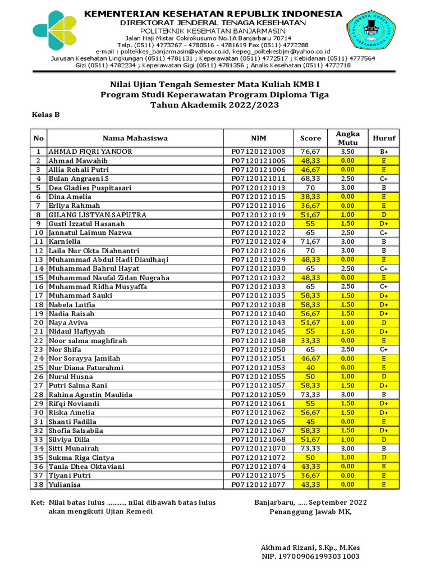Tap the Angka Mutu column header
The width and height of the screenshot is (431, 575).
347,138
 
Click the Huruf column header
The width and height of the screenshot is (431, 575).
384,138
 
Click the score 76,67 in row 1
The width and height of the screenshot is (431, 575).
310,152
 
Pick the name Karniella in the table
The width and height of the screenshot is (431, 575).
65,241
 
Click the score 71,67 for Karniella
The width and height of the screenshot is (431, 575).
310,241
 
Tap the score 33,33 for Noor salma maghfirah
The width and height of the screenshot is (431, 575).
310,340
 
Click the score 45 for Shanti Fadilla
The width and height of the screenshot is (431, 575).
310,421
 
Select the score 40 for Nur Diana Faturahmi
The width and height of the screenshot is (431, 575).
310,367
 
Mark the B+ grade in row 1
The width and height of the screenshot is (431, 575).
384,152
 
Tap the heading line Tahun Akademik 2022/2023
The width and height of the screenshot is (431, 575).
215,105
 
